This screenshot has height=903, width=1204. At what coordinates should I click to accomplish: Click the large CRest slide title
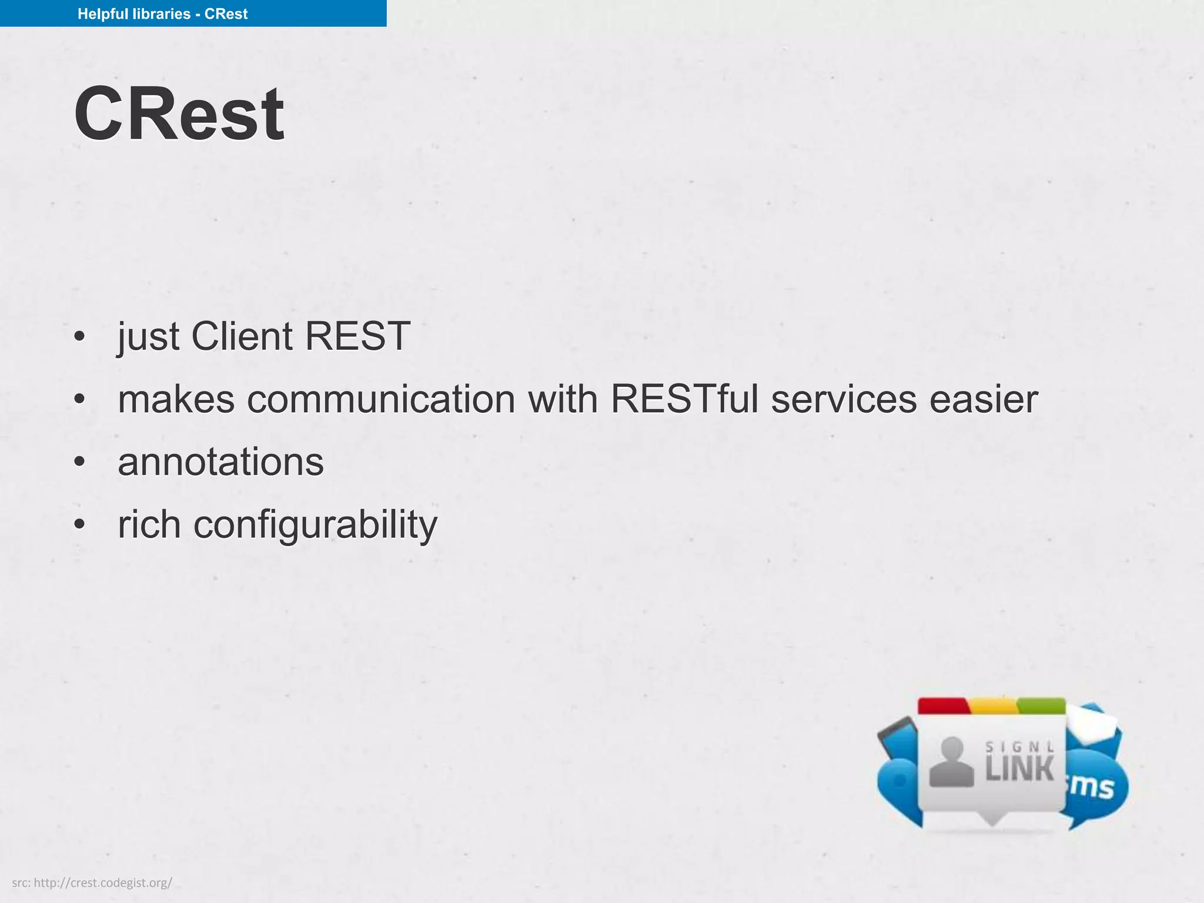(x=179, y=114)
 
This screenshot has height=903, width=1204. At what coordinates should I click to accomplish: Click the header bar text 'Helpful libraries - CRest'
(x=162, y=14)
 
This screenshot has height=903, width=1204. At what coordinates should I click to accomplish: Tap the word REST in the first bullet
(x=357, y=336)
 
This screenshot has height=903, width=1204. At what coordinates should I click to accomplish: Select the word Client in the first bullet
(x=242, y=336)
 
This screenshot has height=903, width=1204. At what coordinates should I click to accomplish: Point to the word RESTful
(x=684, y=399)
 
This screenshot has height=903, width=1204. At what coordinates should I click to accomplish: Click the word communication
(x=381, y=399)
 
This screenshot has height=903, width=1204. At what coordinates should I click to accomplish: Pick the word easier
(x=983, y=399)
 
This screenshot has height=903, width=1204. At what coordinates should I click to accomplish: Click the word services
(x=844, y=399)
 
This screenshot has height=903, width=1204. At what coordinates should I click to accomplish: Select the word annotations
(x=220, y=462)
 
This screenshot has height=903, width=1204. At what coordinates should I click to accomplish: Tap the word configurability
(x=315, y=524)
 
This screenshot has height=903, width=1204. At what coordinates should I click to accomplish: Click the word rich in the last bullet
(x=149, y=524)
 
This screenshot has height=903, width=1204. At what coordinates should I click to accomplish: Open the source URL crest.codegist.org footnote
(x=92, y=882)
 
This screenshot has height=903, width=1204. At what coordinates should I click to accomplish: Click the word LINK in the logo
(x=1019, y=770)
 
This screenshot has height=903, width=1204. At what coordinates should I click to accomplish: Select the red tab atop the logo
(x=942, y=705)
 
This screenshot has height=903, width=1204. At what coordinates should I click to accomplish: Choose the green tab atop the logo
(x=1041, y=705)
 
